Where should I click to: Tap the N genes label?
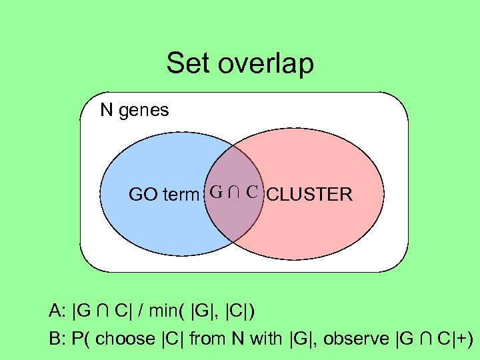coord(134,110)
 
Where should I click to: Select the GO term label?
coord(164,195)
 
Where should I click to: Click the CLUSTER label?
coord(309,195)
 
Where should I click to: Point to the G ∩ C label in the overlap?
coord(234,193)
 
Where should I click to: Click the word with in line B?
coord(263,339)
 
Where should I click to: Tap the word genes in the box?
coord(144,110)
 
